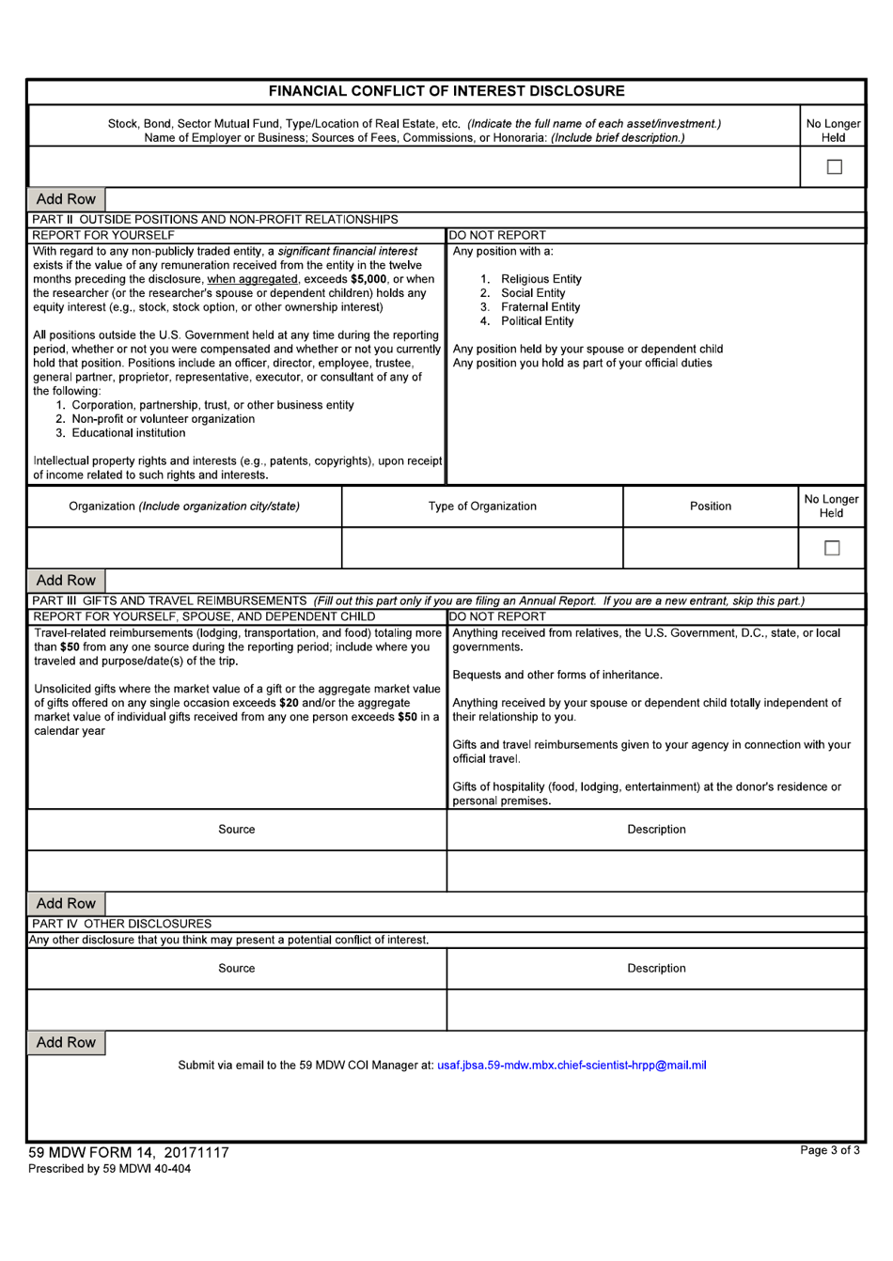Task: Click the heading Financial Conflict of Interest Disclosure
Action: pos(446,91)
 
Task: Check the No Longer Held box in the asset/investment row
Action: pos(834,167)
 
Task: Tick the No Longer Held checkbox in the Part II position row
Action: pos(832,548)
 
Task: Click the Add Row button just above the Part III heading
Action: pos(66,581)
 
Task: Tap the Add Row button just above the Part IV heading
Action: pos(66,904)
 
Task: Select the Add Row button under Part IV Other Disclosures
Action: pos(66,1043)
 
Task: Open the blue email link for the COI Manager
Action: pos(572,1066)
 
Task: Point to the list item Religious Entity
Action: pos(540,279)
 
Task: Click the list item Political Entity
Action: pos(537,321)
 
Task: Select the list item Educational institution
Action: pos(128,433)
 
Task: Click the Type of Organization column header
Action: pos(482,506)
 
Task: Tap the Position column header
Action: pos(711,506)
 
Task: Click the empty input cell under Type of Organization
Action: pos(482,548)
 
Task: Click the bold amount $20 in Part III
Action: pos(290,703)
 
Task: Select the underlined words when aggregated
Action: pos(252,279)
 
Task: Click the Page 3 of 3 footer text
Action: pos(829,1151)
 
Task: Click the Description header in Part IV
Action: pos(656,969)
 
